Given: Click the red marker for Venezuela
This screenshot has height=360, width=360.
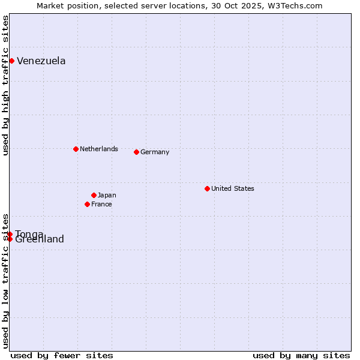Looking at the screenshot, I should tap(11, 61).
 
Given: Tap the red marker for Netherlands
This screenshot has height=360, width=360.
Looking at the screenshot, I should tap(76, 149).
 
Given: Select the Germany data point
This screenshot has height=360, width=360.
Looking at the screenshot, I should tap(136, 152).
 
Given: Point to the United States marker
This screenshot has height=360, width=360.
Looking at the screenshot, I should tap(207, 188).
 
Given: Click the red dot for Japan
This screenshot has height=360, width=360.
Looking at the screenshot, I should tap(94, 195).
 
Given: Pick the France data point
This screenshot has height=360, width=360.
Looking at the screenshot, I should tap(87, 204).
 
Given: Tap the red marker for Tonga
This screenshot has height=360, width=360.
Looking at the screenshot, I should tap(10, 233).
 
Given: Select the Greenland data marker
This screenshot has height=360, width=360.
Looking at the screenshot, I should tap(10, 239).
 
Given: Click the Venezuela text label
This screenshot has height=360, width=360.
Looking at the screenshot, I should tap(41, 61).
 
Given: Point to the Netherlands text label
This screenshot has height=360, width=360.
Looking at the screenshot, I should tap(98, 149).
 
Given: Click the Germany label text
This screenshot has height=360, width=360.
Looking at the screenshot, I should tap(155, 152).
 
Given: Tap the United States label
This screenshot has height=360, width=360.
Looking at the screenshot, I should tap(232, 188).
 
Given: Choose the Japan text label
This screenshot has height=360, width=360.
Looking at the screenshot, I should tap(107, 195).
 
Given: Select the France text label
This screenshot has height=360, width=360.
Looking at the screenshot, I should tap(101, 204).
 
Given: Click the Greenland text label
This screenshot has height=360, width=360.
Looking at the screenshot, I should tap(40, 240).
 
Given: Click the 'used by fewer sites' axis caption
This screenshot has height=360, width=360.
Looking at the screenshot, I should tap(62, 355).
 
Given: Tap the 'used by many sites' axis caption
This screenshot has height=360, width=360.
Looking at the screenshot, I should tap(301, 355).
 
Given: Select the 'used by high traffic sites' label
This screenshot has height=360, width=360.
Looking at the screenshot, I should tap(5, 85).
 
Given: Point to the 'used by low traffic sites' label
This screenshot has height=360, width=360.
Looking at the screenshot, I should tap(5, 280).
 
